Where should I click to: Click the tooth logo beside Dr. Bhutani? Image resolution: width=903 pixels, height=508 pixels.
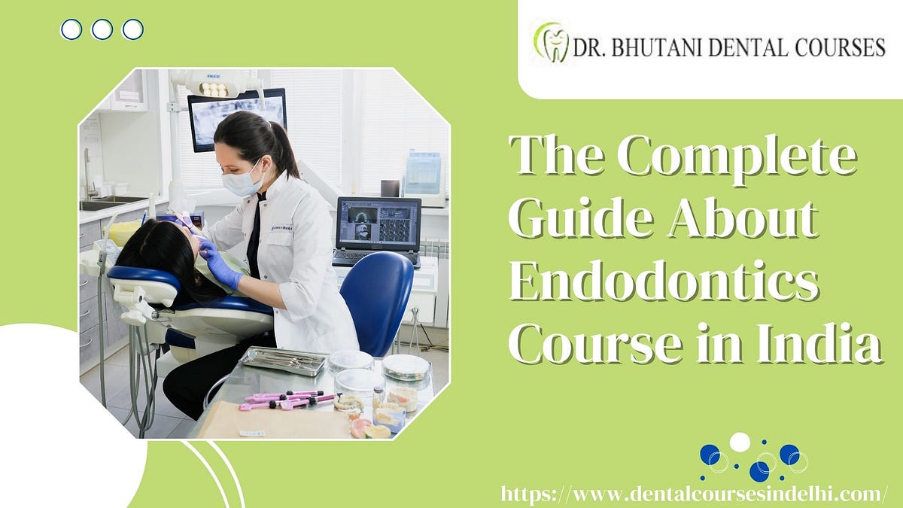tap(552, 43)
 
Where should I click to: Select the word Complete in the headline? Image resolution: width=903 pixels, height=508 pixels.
tap(737, 158)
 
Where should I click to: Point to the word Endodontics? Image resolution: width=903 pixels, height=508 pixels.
tap(663, 284)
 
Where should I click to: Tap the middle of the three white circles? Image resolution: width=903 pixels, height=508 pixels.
tap(102, 29)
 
